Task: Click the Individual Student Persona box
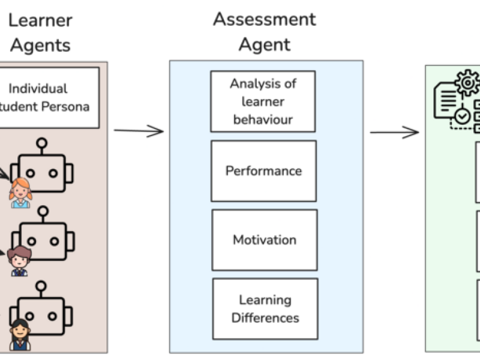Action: [x=48, y=97]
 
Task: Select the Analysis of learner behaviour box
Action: [x=263, y=101]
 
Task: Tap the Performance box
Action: [x=263, y=171]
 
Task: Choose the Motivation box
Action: [x=264, y=240]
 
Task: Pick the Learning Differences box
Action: [x=265, y=308]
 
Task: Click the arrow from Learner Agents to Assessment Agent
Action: [x=139, y=131]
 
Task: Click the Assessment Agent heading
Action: [x=265, y=31]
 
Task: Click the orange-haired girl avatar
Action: [x=19, y=193]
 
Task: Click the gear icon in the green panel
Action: [x=467, y=83]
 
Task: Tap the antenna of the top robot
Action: [x=41, y=143]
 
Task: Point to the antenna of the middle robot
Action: [x=42, y=212]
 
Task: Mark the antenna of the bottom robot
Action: [x=41, y=287]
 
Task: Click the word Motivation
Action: [x=264, y=240]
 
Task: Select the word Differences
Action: [x=265, y=317]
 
